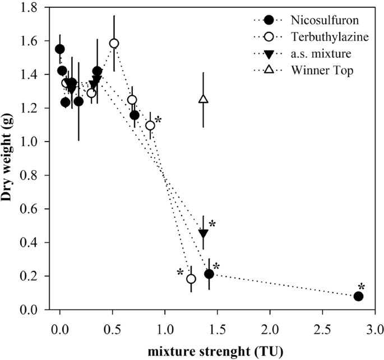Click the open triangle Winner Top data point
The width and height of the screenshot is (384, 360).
pos(203,100)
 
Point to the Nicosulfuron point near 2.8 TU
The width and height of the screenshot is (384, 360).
pos(358,296)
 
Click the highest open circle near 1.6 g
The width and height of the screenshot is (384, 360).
pos(114,43)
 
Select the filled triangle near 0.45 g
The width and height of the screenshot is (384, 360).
pos(203,233)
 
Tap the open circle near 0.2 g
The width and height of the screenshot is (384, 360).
pos(191,279)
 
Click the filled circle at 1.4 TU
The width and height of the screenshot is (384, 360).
pos(209,274)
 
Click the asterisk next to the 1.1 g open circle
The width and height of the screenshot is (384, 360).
pos(159,120)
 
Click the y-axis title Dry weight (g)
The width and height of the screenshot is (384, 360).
pos(10,158)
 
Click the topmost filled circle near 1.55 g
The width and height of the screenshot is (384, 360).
pos(60,49)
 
